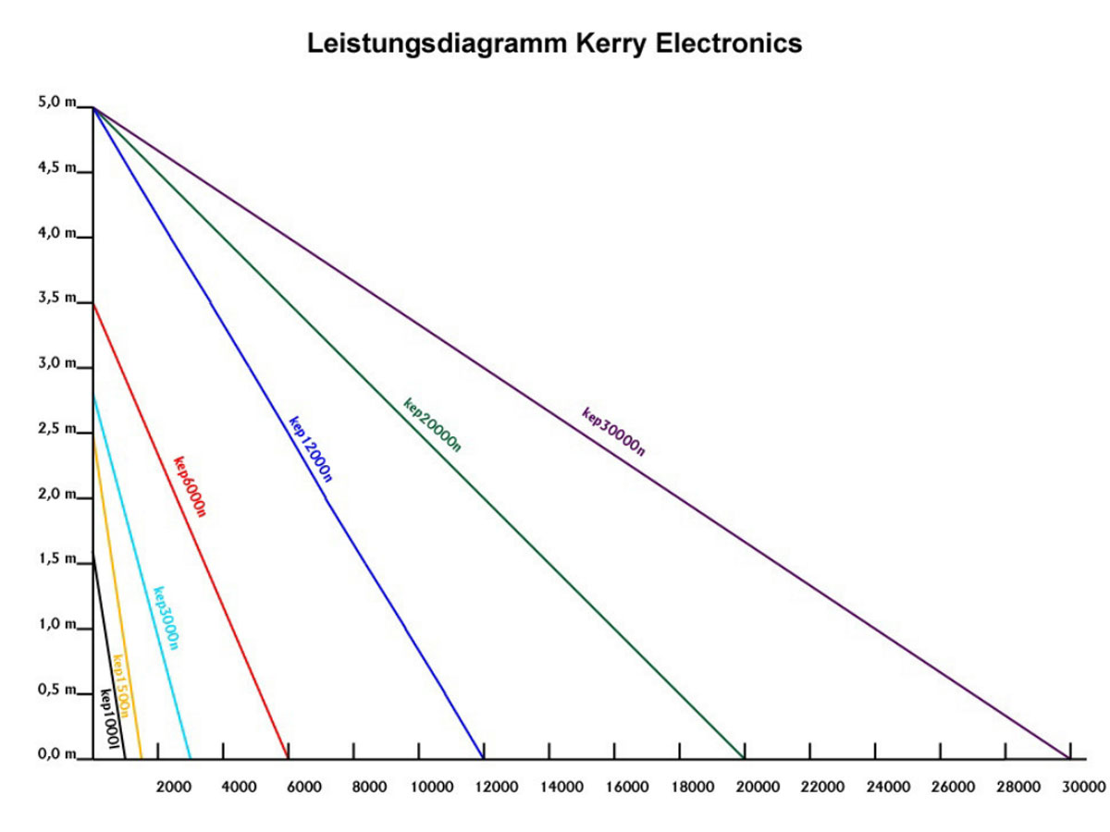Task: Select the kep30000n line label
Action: coord(613,432)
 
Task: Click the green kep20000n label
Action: coord(432,424)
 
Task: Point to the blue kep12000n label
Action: coord(311,448)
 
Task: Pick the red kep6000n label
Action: coord(190,486)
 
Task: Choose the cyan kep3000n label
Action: coord(166,618)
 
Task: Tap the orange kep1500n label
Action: coord(121,686)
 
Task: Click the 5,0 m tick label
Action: coord(56,103)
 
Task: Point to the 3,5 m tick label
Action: coord(56,298)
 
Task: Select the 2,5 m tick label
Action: coord(56,428)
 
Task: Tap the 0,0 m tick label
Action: coord(56,754)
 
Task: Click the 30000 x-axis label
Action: coord(1082,787)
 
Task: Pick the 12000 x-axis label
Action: coord(497,787)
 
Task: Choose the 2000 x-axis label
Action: coord(173,787)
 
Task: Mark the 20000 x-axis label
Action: coord(758,787)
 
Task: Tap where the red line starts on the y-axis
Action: coord(93,303)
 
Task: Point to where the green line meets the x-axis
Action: coord(745,758)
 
